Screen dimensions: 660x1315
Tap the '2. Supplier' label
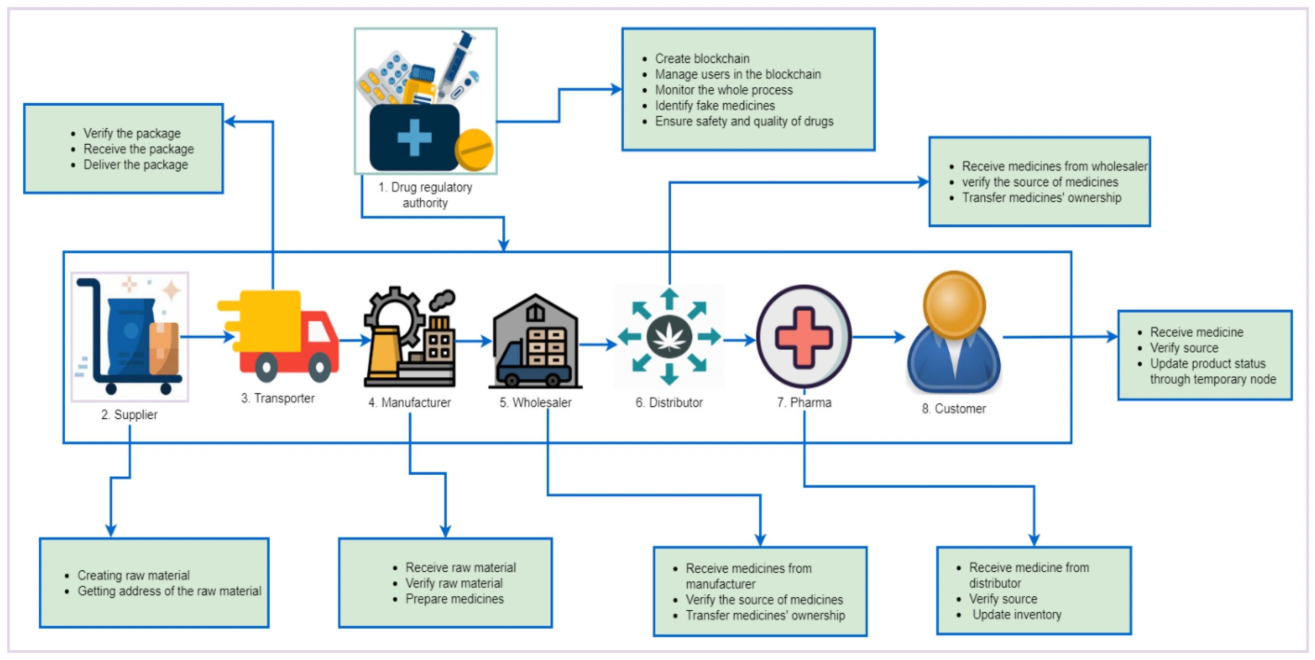pyautogui.click(x=129, y=415)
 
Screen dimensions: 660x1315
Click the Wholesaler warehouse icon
pyautogui.click(x=535, y=341)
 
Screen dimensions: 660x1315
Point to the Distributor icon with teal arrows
pyautogui.click(x=669, y=337)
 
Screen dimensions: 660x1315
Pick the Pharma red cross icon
pyautogui.click(x=804, y=337)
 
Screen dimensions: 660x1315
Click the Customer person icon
pyautogui.click(x=953, y=334)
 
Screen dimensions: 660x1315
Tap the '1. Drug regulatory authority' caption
pyautogui.click(x=425, y=195)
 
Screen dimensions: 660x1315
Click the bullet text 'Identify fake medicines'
pyautogui.click(x=715, y=106)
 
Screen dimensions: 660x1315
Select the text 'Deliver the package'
pyautogui.click(x=136, y=165)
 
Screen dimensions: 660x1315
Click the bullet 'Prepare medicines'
pyautogui.click(x=455, y=599)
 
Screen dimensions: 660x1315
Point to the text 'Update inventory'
pyautogui.click(x=1017, y=615)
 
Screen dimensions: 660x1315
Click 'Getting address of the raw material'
pyautogui.click(x=170, y=591)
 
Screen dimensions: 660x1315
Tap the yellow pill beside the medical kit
pyautogui.click(x=474, y=149)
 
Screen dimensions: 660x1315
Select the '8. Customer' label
pyautogui.click(x=954, y=409)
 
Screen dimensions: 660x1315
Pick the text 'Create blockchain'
pyautogui.click(x=702, y=59)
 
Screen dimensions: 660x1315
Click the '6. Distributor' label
pyautogui.click(x=669, y=402)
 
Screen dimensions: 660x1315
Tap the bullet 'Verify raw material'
pyautogui.click(x=454, y=583)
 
